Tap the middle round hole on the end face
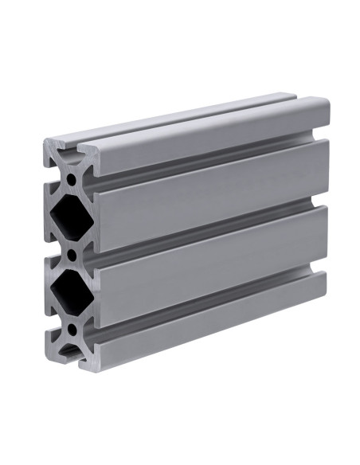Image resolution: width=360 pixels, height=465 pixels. [72, 256]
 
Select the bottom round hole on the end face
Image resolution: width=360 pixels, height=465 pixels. [72, 328]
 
